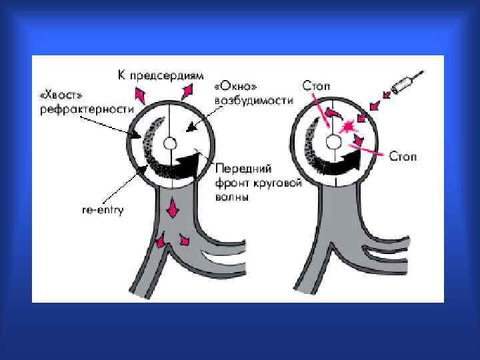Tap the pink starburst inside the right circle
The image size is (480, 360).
347,127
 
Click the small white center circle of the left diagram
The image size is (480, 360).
170,143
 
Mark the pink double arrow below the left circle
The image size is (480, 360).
173,210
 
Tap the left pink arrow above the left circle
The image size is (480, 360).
139,94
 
